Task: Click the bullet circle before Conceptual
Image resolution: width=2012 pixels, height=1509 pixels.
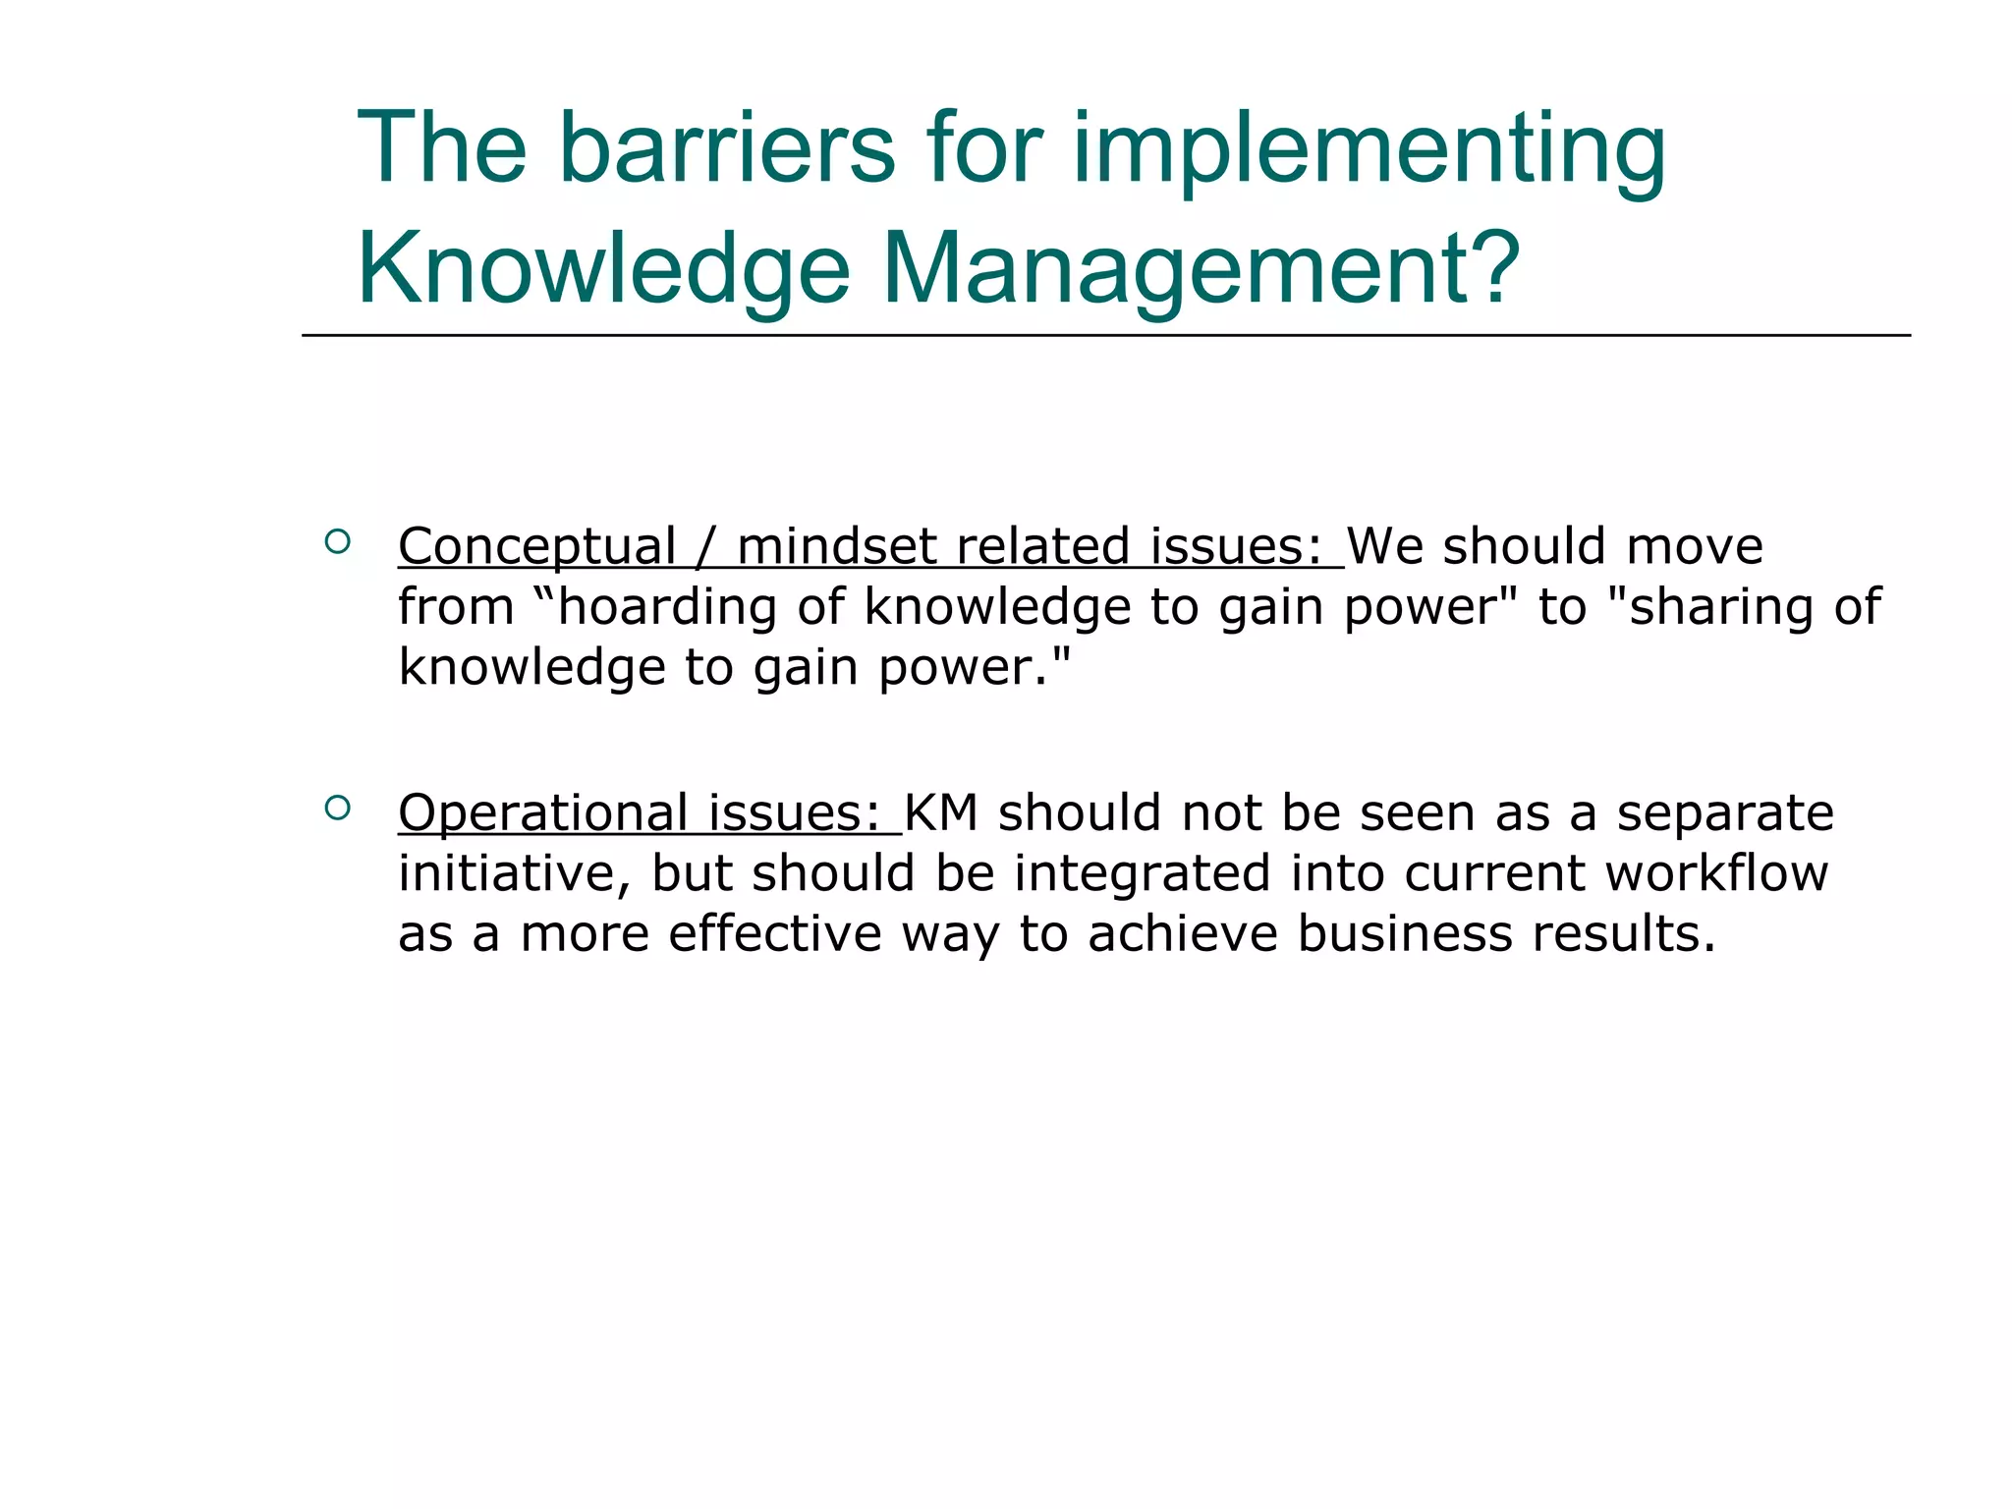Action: tap(337, 541)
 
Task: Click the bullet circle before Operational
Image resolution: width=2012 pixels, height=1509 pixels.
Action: tap(337, 808)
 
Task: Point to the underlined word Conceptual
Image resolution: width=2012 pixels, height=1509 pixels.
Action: tap(536, 547)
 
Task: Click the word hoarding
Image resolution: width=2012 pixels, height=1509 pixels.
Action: tap(668, 607)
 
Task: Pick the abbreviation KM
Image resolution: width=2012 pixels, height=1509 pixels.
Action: tap(940, 813)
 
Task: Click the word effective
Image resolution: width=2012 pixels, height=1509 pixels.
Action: tap(775, 933)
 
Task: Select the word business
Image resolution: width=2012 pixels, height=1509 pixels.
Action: tap(1404, 933)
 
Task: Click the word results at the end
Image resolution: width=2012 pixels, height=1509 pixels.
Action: tap(1621, 933)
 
